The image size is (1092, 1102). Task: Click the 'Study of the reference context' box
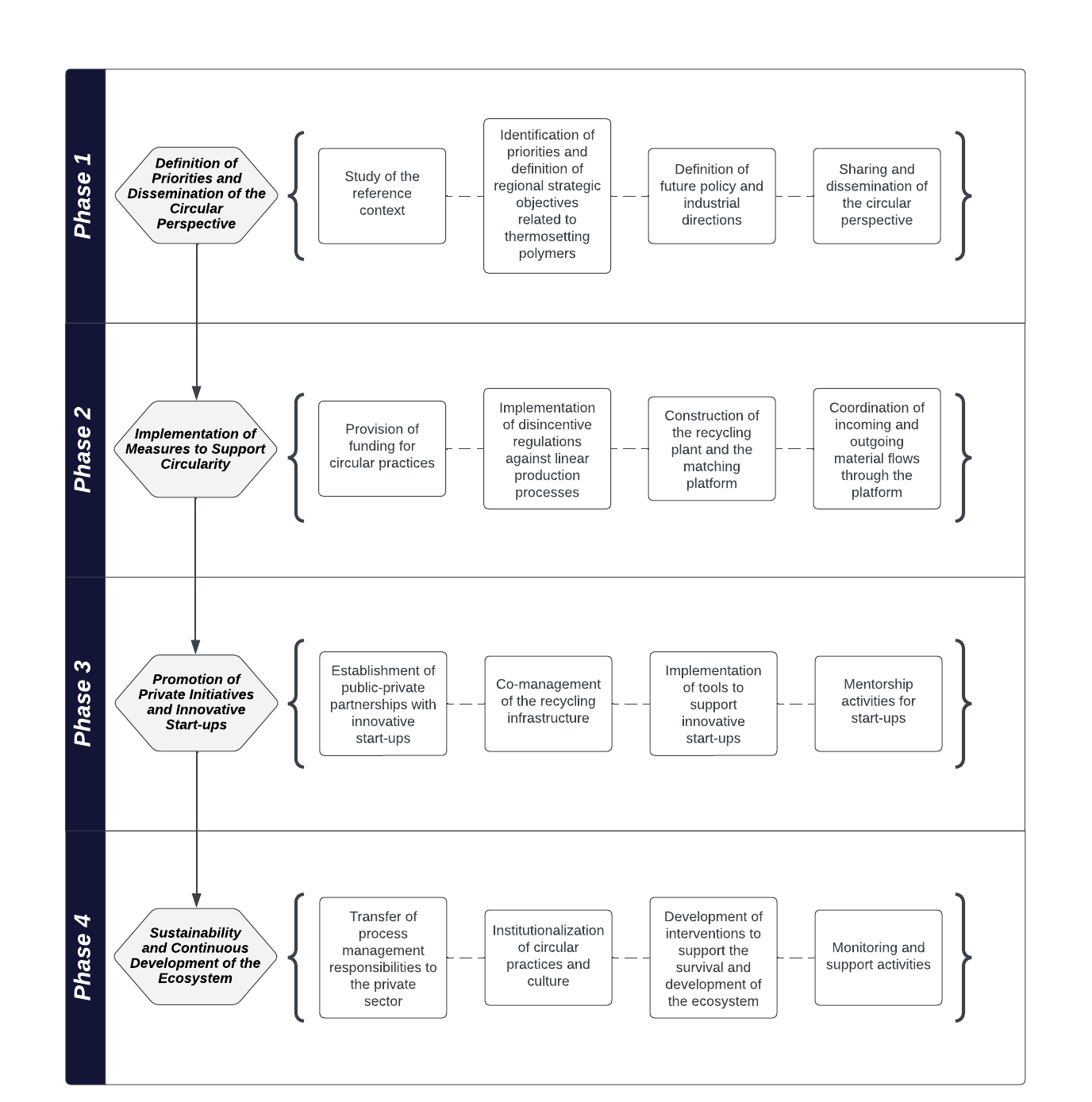click(x=382, y=196)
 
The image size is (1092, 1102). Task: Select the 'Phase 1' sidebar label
click(x=83, y=196)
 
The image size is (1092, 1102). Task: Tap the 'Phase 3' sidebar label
click(x=83, y=704)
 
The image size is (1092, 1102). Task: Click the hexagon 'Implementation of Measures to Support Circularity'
click(x=196, y=449)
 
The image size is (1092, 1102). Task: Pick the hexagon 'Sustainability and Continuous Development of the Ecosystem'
click(x=196, y=956)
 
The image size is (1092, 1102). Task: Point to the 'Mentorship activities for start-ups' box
click(x=878, y=704)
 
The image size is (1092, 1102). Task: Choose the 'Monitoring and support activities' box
click(x=878, y=958)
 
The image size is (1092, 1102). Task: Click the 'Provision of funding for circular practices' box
click(x=382, y=448)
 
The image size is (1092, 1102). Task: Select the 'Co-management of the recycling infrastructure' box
click(x=548, y=704)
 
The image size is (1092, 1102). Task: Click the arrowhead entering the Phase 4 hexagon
click(x=196, y=901)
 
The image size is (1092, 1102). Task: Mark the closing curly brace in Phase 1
click(x=963, y=196)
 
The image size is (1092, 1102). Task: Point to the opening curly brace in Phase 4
click(x=296, y=958)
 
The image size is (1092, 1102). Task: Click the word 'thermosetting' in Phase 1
click(x=547, y=236)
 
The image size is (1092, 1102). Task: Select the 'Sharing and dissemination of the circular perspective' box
click(x=876, y=196)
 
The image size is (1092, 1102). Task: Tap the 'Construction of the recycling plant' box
click(x=711, y=448)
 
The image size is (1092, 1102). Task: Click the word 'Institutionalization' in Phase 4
click(x=548, y=931)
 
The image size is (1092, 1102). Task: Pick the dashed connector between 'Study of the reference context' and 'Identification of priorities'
click(x=465, y=196)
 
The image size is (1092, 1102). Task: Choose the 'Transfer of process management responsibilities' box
click(x=383, y=958)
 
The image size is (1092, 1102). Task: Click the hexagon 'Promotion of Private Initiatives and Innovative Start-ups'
click(x=196, y=703)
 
